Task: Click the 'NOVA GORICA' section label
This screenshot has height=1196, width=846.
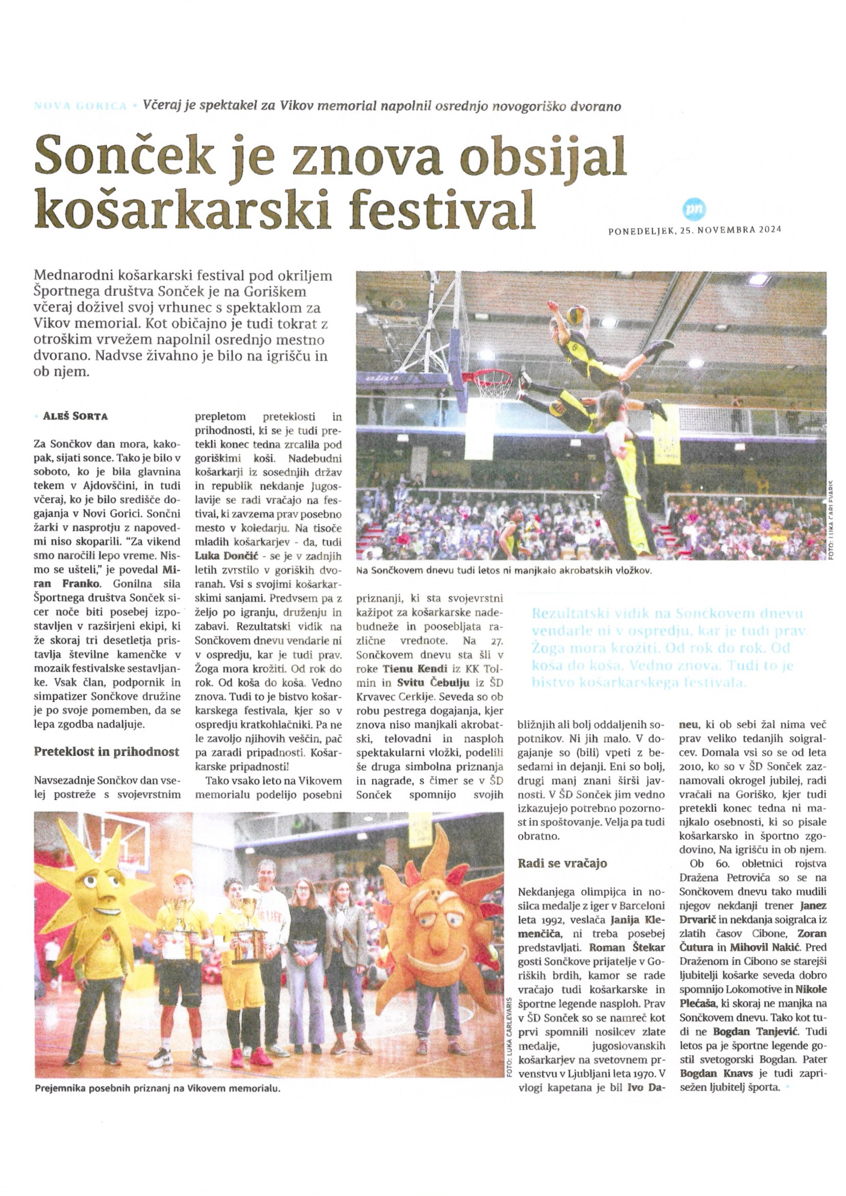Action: click(x=80, y=106)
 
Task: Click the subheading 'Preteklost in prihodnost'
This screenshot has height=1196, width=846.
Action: click(x=106, y=751)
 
